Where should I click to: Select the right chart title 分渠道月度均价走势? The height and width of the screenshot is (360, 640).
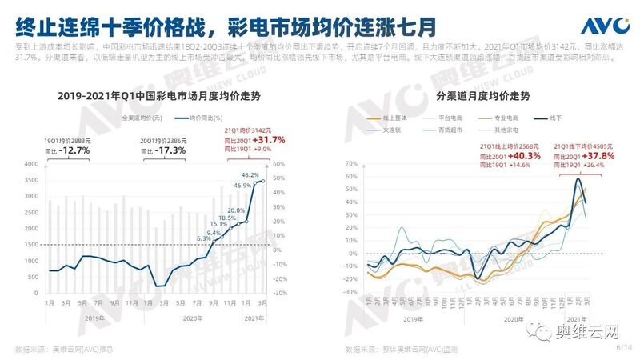(476, 98)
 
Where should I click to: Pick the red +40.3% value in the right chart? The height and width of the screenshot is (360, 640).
(522, 156)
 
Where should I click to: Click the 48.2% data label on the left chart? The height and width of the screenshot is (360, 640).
(250, 175)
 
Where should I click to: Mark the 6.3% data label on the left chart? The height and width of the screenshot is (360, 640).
(203, 238)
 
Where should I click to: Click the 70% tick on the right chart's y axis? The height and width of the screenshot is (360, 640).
(350, 164)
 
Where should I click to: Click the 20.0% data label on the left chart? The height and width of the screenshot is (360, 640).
(235, 211)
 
